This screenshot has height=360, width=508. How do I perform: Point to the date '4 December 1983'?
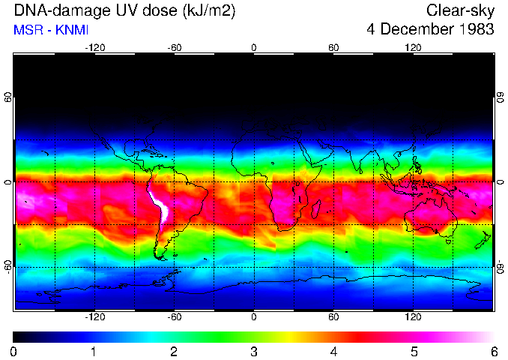click(x=431, y=30)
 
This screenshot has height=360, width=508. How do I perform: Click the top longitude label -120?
click(x=94, y=47)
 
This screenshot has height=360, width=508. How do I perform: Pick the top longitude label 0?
click(x=254, y=47)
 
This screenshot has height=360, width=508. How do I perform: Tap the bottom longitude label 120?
click(x=414, y=317)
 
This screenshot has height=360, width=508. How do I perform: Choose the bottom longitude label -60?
click(x=174, y=317)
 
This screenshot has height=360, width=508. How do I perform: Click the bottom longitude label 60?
click(x=333, y=317)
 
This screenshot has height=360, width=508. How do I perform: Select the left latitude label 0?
click(x=7, y=182)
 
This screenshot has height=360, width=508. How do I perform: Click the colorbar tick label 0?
click(x=14, y=351)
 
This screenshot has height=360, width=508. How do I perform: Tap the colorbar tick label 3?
click(x=253, y=351)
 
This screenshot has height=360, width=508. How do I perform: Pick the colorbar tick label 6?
click(x=493, y=351)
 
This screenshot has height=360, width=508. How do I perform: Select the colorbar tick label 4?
click(x=333, y=351)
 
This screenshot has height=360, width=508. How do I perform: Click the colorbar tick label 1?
click(x=94, y=351)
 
